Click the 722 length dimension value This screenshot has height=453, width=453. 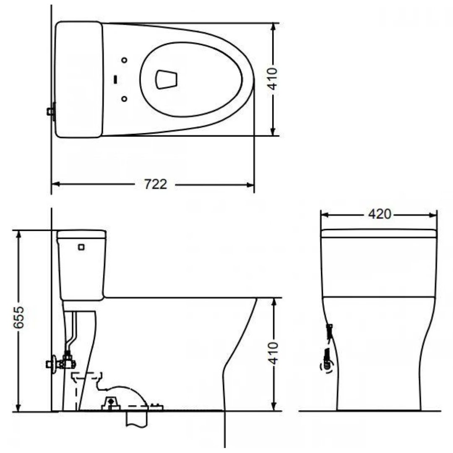click(x=156, y=184)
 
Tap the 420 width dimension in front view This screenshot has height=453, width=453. click(x=379, y=214)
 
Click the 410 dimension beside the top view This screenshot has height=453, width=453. click(x=273, y=78)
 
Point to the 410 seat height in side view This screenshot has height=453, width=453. click(x=273, y=354)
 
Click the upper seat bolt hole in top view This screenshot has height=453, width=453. click(x=124, y=60)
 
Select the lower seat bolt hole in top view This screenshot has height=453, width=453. click(x=124, y=99)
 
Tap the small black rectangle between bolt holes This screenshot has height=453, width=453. click(x=115, y=78)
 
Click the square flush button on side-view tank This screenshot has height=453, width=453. click(x=81, y=247)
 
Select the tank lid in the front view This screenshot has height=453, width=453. click(x=379, y=233)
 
